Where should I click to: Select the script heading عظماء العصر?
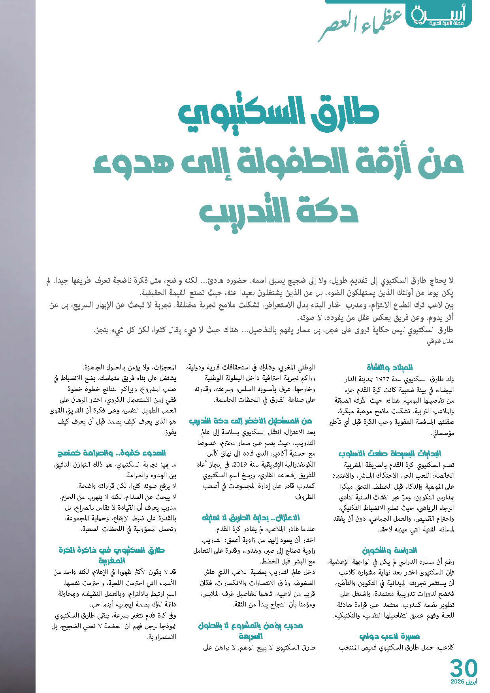click(360, 26)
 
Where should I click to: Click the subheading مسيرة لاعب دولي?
click(389, 636)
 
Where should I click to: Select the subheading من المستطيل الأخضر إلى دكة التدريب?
click(251, 421)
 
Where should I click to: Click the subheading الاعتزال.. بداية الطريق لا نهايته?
click(251, 518)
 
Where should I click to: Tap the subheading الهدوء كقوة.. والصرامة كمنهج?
click(111, 453)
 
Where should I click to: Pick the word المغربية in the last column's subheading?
click(111, 561)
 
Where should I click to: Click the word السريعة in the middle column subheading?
click(251, 636)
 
